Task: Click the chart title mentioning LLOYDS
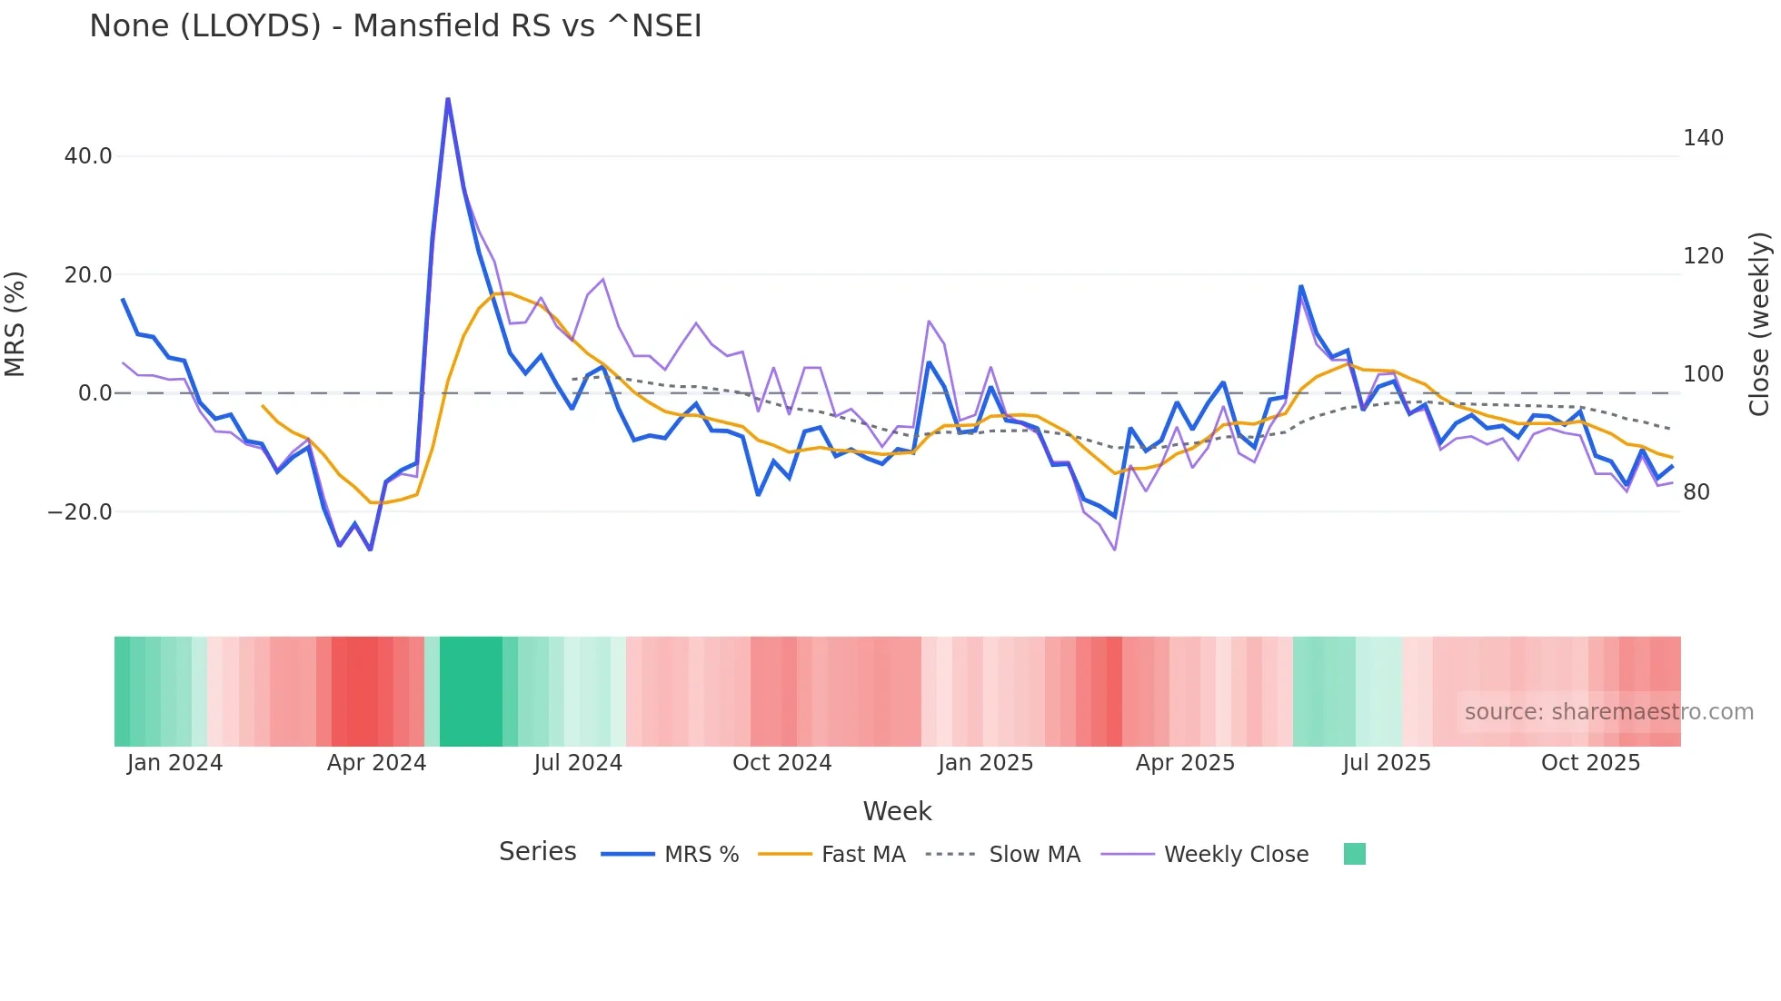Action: click(395, 26)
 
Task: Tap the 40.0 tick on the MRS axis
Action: click(88, 156)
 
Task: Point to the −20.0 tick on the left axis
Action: click(80, 512)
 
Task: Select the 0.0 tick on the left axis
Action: click(95, 393)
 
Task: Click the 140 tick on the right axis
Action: click(1703, 138)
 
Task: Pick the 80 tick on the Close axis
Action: click(1696, 492)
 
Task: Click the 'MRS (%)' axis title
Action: click(15, 324)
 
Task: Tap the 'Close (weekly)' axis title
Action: click(1760, 324)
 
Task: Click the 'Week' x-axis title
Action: click(897, 811)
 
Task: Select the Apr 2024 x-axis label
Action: click(376, 763)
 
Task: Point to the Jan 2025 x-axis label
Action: click(985, 763)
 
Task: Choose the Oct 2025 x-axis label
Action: click(1590, 763)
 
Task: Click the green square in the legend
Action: click(1354, 854)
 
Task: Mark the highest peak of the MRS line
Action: click(448, 99)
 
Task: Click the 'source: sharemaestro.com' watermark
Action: click(1608, 712)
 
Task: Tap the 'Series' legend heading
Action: click(537, 852)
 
